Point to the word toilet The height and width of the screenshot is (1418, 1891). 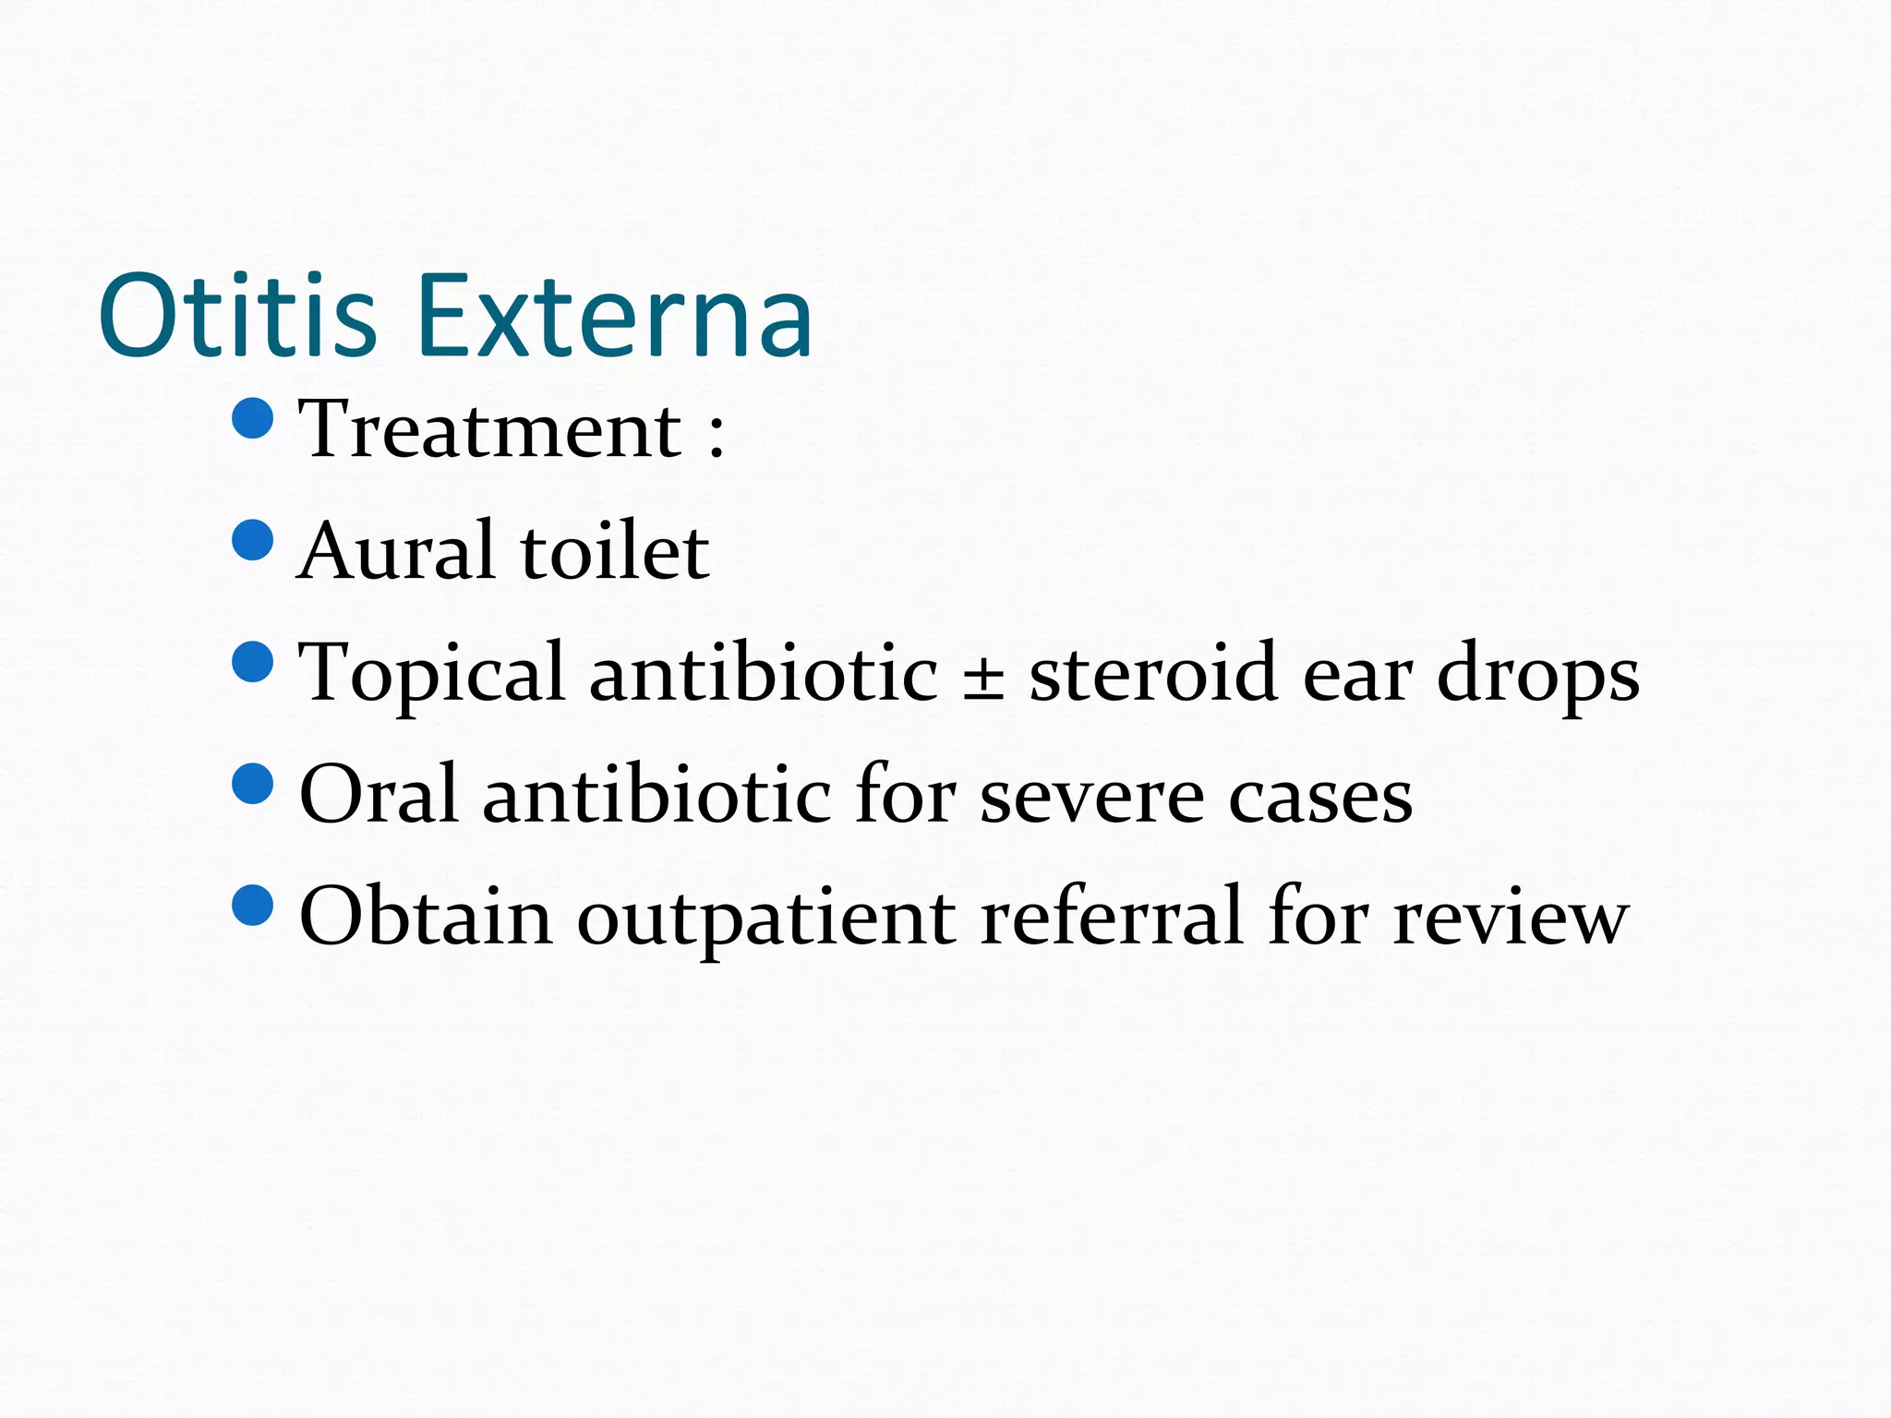pos(615,551)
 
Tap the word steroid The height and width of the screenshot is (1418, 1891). pos(1153,674)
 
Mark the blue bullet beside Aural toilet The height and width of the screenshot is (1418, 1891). pos(253,540)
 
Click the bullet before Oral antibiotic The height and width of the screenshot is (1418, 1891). pos(253,784)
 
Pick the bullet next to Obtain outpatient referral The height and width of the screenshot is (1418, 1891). pos(253,905)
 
